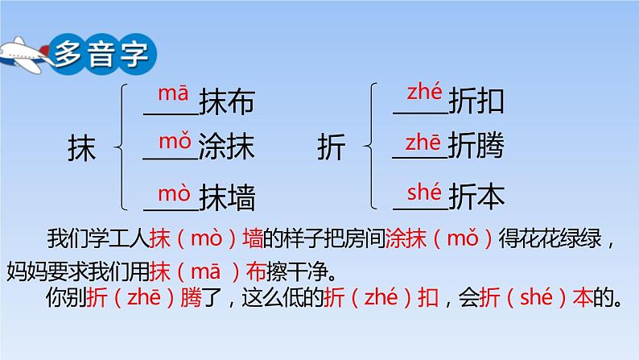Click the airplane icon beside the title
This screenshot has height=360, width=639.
pos(24,55)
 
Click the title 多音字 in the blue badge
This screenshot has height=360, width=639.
pos(102,54)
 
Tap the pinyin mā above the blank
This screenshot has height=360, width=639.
pos(173,93)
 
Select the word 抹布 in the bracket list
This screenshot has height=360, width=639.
pos(227,101)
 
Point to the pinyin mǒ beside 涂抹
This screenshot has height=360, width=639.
pos(175,141)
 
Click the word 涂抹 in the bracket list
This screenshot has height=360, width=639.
pos(227,146)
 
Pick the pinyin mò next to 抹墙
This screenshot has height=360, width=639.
pos(174,192)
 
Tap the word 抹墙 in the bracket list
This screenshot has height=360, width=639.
pos(227,198)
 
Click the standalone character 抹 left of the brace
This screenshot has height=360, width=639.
pos(81,147)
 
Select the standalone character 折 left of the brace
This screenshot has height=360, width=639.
pos(332,147)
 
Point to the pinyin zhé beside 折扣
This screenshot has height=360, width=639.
pos(424,91)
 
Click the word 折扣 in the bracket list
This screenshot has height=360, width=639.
pos(476,101)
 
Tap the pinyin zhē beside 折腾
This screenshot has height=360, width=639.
pos(423,143)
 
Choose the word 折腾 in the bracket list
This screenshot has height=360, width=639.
pos(476,145)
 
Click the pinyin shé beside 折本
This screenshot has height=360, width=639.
pos(424,192)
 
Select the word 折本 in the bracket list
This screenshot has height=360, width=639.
pos(476,197)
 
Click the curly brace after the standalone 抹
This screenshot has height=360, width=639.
pos(121,147)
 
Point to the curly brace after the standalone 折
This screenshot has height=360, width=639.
pos(370,146)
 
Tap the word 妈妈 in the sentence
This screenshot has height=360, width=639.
pos(27,271)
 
